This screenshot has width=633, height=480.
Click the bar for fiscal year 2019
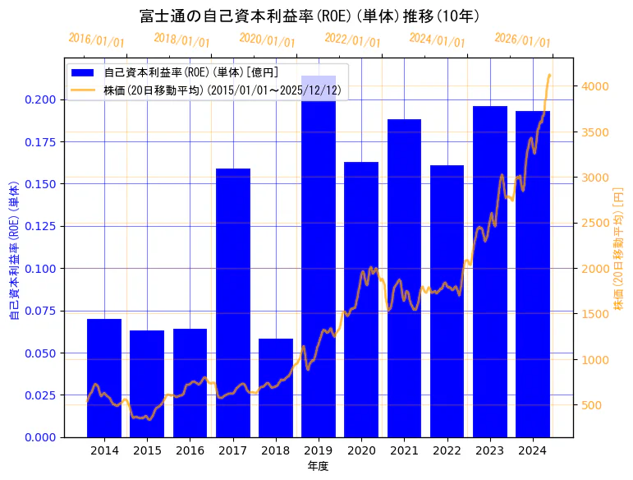[319, 263]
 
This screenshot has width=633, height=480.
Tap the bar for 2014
[104, 378]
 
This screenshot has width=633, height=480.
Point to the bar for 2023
[490, 271]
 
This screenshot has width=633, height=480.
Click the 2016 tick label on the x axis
[190, 450]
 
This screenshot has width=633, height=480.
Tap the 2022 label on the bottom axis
[447, 450]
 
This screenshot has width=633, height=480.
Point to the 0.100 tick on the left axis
[42, 269]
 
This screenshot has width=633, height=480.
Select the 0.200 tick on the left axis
[42, 99]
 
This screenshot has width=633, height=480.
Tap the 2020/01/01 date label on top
[268, 40]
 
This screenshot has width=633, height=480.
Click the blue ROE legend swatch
[83, 72]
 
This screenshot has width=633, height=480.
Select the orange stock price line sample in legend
[83, 90]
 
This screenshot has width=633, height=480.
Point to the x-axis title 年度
[319, 466]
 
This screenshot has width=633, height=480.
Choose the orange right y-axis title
[619, 247]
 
